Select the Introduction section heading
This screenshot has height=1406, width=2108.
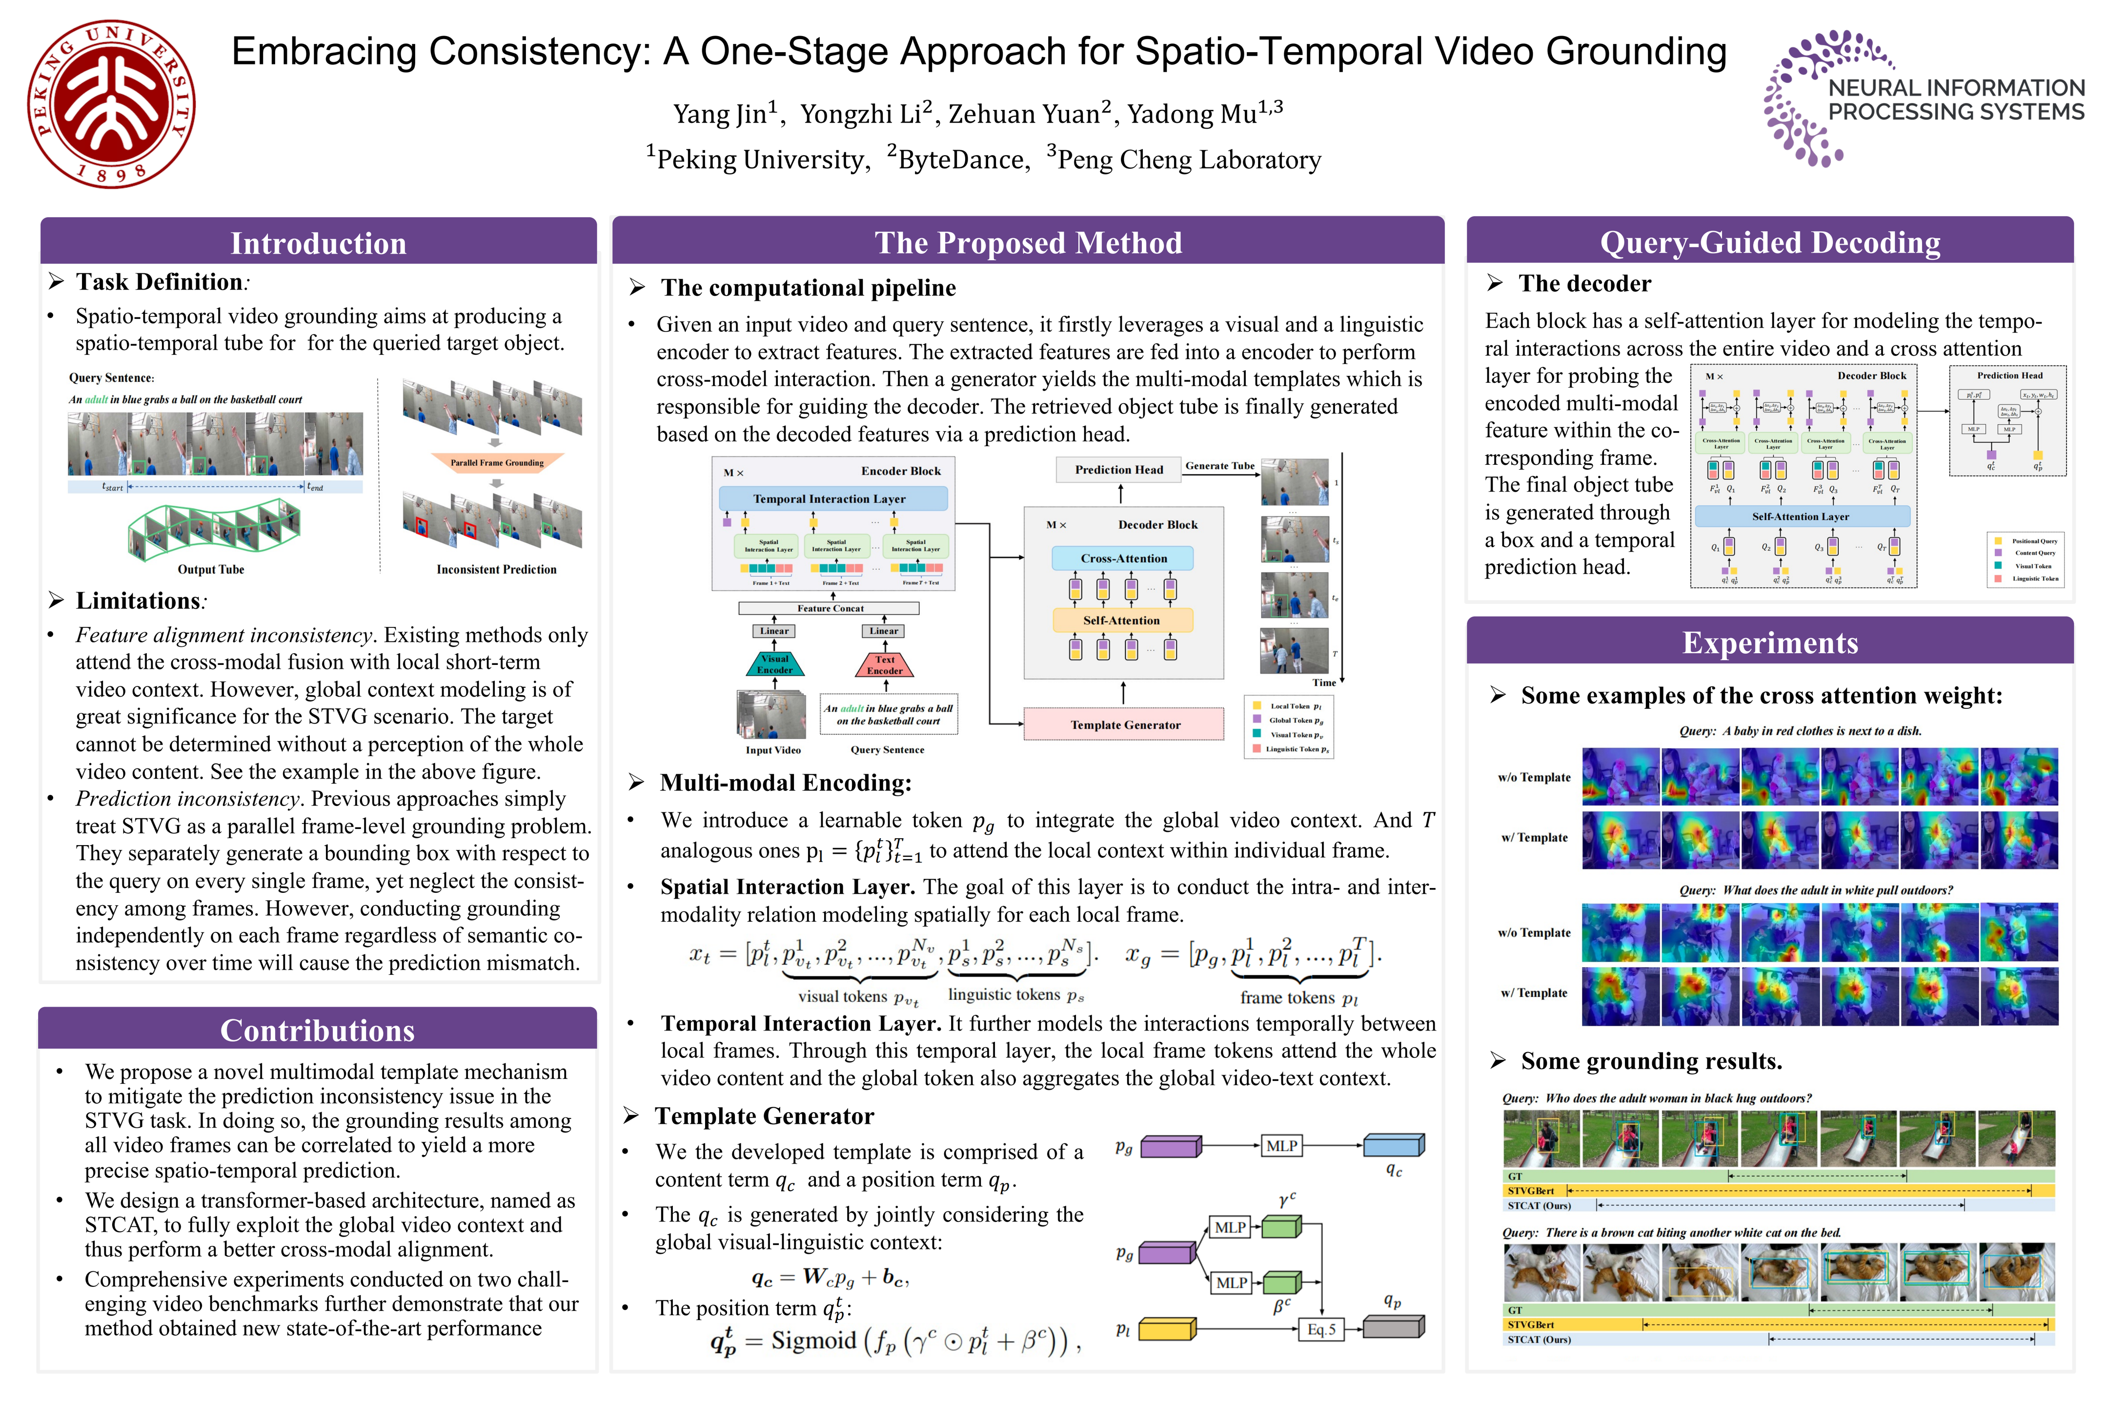point(318,243)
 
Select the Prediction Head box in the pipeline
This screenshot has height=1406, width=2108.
point(1118,470)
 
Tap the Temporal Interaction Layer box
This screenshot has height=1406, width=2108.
point(832,498)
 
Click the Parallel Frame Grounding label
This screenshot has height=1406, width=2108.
point(497,463)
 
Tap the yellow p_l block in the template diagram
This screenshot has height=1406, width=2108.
point(1166,1329)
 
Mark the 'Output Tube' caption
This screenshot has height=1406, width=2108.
point(211,569)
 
